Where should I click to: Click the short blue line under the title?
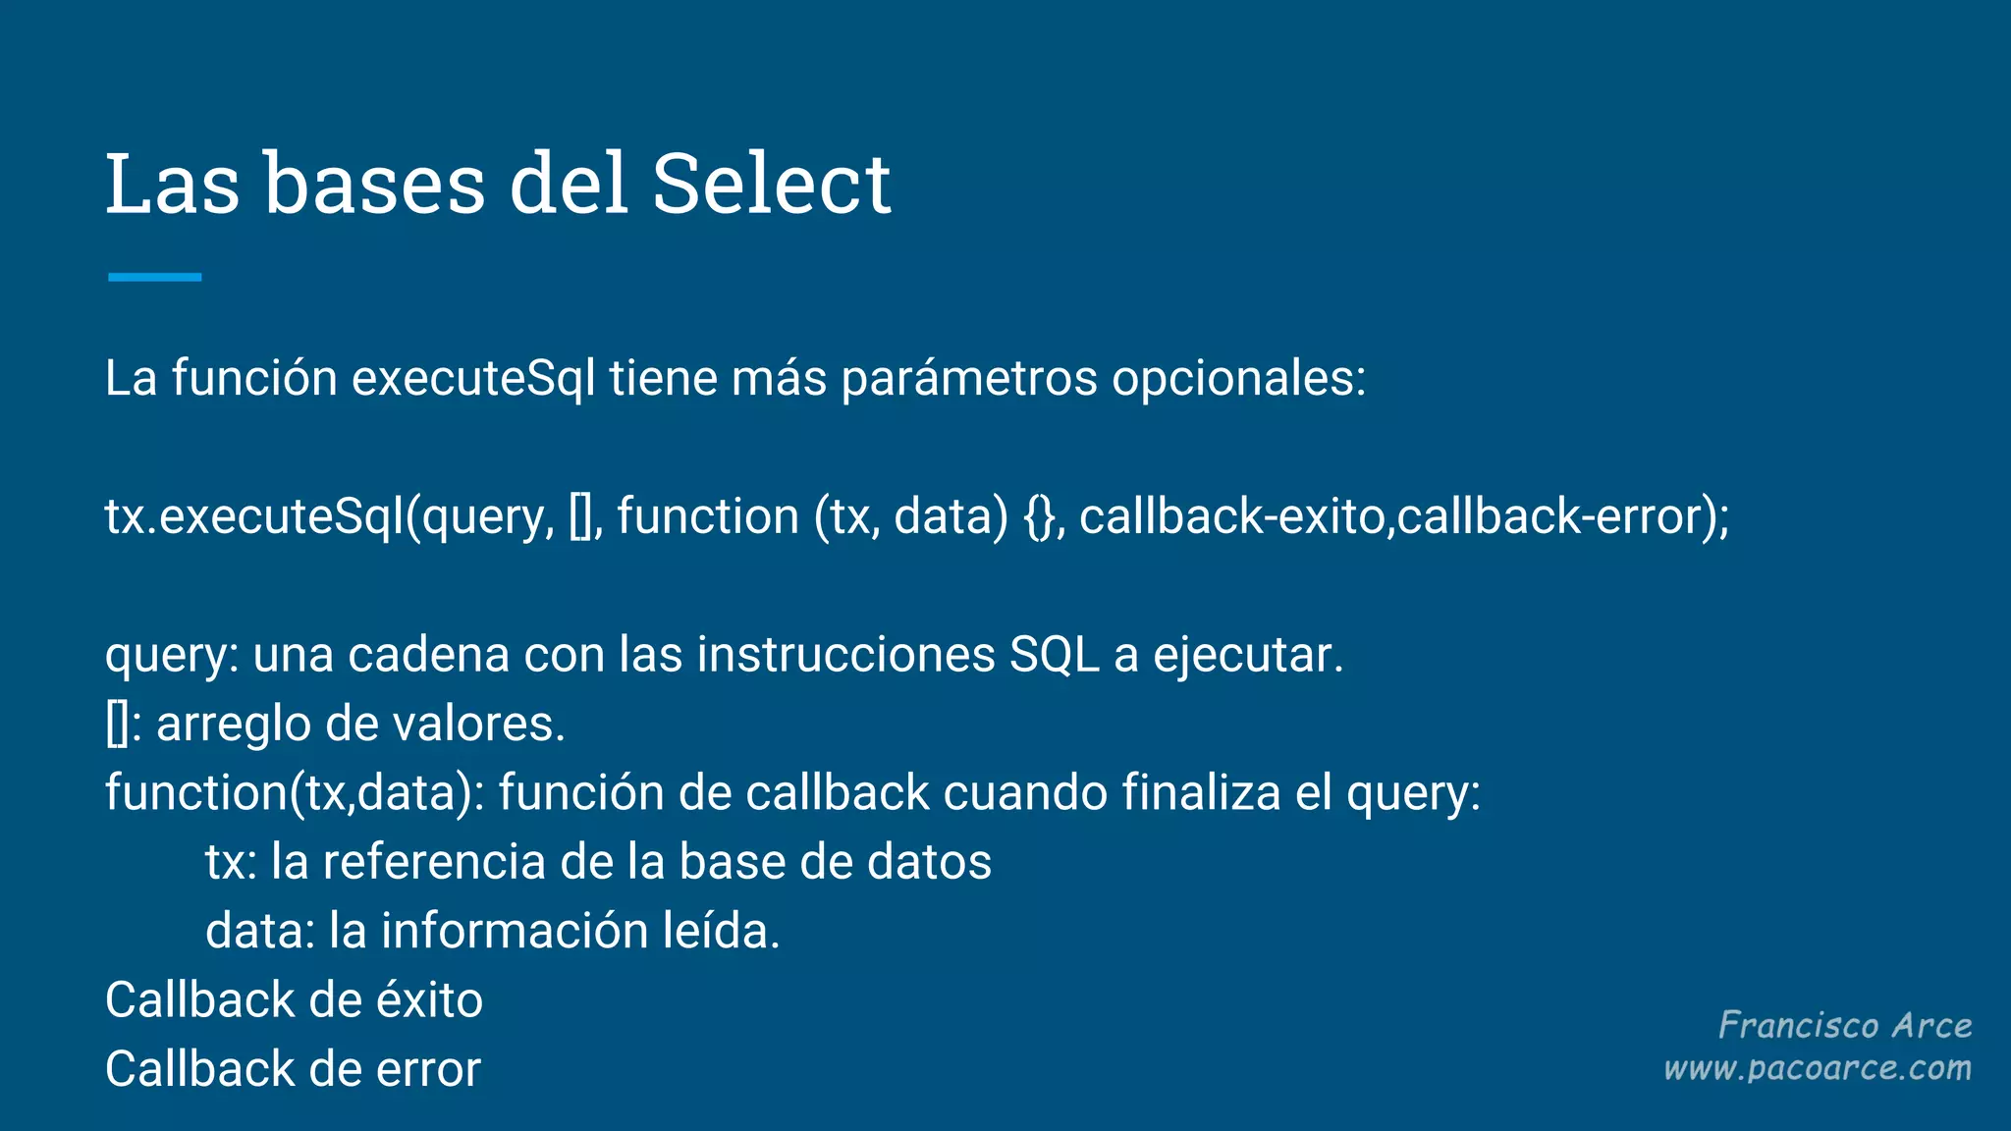[x=154, y=278]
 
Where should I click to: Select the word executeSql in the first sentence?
[x=473, y=378]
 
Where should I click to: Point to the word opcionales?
[x=1238, y=378]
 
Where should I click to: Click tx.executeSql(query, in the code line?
[x=330, y=516]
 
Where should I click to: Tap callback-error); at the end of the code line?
[x=1563, y=516]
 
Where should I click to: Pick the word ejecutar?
[x=1247, y=655]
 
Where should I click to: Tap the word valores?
[x=478, y=725]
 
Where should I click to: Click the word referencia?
[x=434, y=862]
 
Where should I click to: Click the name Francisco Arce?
[x=1845, y=1025]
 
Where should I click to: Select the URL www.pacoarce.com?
[x=1818, y=1068]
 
